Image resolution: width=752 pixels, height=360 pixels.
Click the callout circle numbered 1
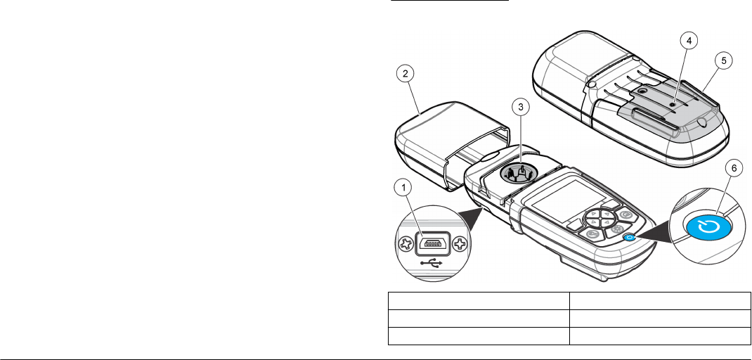[x=403, y=187]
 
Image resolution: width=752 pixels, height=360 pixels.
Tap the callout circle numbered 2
[x=403, y=72]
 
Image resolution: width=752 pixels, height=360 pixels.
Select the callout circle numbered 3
[x=520, y=108]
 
